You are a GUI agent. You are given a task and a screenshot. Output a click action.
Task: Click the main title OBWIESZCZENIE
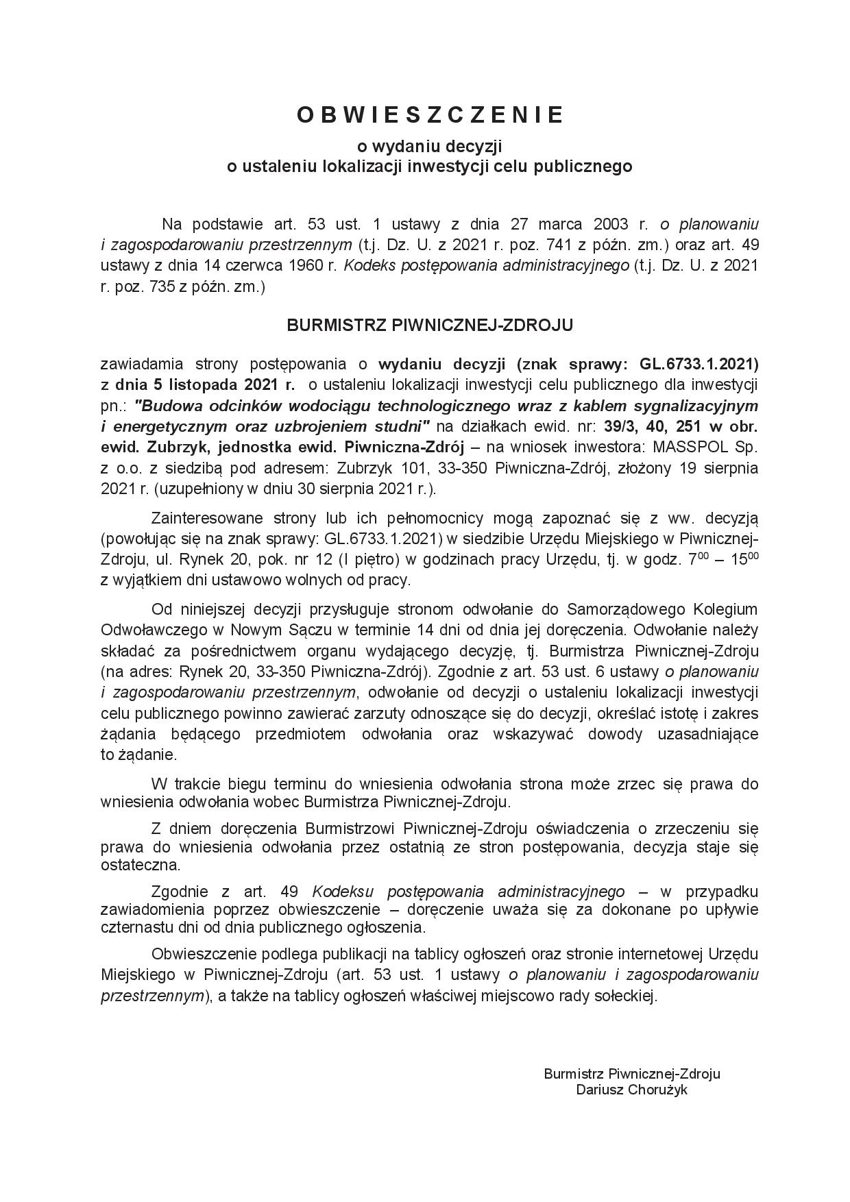click(430, 115)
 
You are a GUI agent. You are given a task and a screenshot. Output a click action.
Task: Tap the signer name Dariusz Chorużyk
click(631, 1089)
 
